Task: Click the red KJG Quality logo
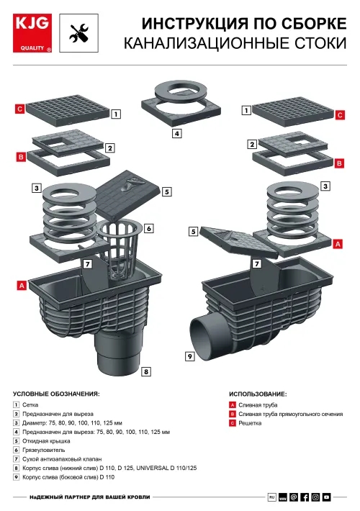(32, 33)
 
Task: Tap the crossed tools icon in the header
(78, 33)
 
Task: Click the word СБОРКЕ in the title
(314, 24)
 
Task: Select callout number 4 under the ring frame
(176, 133)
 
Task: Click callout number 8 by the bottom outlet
(146, 371)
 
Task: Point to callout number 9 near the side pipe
(190, 356)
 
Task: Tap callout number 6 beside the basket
(149, 228)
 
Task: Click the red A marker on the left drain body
(22, 286)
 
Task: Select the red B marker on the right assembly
(339, 163)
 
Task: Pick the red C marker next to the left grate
(20, 109)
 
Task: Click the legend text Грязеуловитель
(44, 450)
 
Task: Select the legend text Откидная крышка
(46, 441)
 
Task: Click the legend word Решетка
(250, 423)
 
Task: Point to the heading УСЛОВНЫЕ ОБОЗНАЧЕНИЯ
(56, 394)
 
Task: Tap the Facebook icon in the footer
(305, 497)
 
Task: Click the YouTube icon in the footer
(326, 497)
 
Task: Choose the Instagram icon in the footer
(315, 497)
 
